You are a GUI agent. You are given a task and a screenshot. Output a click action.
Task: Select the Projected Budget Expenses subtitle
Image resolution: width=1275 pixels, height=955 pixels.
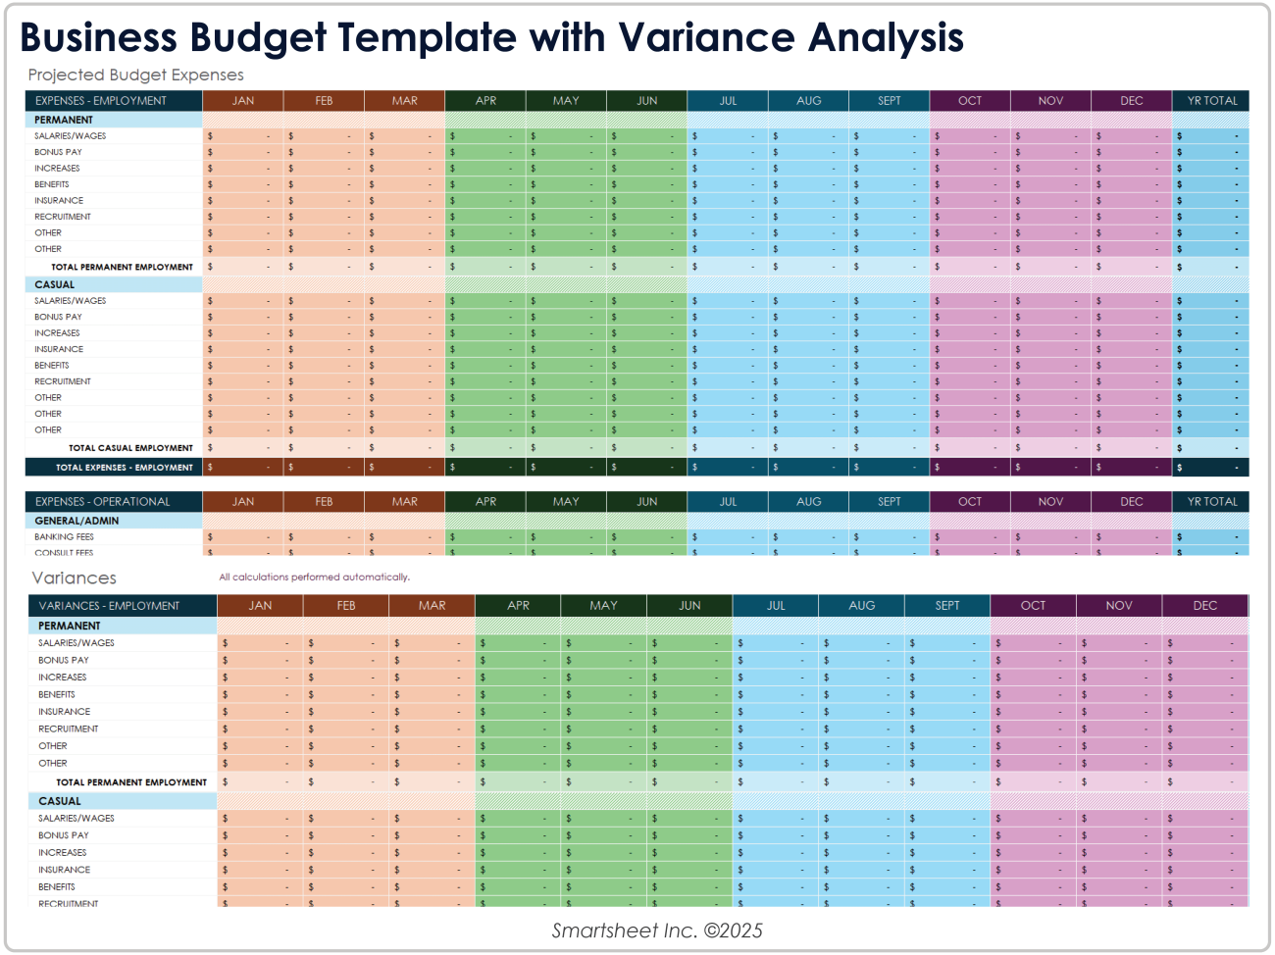point(135,75)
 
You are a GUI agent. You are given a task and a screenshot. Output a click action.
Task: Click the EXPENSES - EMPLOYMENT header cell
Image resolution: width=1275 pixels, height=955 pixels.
point(101,101)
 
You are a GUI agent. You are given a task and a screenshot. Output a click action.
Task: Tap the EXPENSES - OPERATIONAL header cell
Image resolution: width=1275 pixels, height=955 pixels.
point(103,502)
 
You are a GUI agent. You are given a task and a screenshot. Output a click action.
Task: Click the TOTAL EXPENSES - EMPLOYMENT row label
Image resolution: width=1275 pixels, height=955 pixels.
point(124,468)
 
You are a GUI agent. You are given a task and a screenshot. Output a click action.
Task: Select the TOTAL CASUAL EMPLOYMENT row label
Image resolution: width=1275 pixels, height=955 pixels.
point(130,448)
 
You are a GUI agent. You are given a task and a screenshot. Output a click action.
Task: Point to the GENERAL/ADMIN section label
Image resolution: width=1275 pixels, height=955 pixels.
point(76,521)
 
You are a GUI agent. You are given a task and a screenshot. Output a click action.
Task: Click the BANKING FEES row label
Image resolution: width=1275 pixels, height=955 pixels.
point(65,537)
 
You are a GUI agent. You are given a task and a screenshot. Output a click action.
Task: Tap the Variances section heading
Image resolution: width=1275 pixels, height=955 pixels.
point(74,578)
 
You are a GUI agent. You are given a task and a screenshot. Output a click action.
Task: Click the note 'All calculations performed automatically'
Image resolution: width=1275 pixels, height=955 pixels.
point(314,578)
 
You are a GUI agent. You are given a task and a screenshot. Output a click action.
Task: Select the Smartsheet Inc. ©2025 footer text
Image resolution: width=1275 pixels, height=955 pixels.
point(657,930)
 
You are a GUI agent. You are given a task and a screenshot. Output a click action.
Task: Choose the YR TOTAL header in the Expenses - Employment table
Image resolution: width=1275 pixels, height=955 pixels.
point(1212,101)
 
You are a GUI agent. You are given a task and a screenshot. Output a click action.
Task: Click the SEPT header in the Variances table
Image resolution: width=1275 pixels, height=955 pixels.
point(947,606)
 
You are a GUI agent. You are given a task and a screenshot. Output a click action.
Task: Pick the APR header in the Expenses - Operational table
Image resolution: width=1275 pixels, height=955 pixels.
point(485,502)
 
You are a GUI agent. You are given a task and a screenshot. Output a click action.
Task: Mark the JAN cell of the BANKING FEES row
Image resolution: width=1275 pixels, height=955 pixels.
point(242,537)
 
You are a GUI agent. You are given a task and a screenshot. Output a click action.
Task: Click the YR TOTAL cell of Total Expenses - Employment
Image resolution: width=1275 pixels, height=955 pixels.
point(1210,468)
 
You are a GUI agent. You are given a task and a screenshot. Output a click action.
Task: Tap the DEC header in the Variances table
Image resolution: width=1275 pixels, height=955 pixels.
point(1205,606)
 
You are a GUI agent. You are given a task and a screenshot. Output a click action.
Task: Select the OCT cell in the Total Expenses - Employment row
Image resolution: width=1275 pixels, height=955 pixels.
point(969,468)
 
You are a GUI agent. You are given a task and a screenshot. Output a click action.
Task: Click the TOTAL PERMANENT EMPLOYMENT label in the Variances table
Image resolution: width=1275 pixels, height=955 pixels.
point(131,782)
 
